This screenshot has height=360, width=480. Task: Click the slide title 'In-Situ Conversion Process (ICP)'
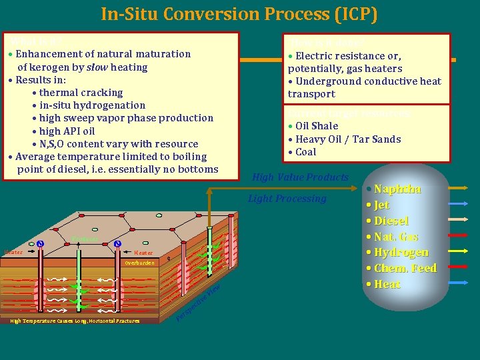point(239,13)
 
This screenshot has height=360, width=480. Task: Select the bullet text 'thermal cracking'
point(81,93)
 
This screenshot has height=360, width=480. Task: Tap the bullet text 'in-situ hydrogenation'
point(93,105)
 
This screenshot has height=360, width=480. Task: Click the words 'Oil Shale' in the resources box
point(317,126)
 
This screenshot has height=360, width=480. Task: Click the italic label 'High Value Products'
point(300,177)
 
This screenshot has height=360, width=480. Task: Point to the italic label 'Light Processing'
point(287,199)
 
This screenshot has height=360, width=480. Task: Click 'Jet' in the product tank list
point(382,205)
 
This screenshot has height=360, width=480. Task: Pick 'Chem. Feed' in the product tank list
point(405,269)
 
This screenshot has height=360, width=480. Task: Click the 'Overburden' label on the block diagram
point(139,263)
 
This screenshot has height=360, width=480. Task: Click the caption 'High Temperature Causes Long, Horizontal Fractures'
point(75,321)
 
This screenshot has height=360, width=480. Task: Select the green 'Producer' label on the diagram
point(85,239)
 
